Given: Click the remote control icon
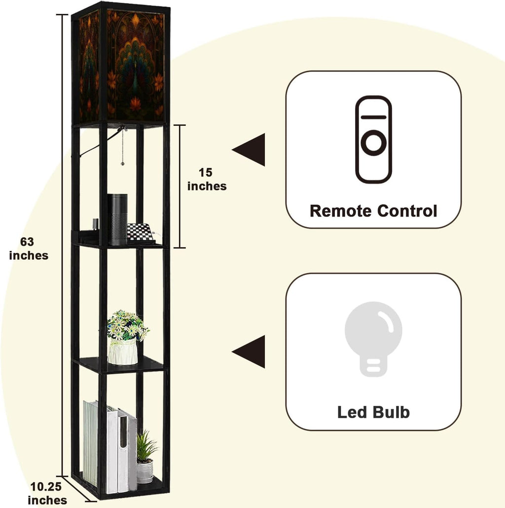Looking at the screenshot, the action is tap(373, 139).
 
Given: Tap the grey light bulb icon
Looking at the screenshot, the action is tap(373, 339).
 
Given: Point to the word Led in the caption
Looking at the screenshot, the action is tap(352, 412).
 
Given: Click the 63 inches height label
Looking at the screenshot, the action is tap(29, 248).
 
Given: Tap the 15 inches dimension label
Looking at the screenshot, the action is tap(207, 179).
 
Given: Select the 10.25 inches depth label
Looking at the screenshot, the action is tap(47, 493).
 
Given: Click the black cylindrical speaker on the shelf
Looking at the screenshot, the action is tap(117, 219).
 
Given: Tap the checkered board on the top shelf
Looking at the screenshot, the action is tap(141, 233).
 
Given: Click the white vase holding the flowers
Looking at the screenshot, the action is tap(123, 352).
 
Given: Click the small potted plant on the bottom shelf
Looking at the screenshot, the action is tap(145, 457).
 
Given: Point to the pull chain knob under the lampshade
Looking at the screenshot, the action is tap(122, 163).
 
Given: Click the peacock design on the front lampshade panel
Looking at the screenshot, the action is tap(135, 64).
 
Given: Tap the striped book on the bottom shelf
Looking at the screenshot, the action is tap(91, 443).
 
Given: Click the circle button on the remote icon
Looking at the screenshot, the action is tap(373, 142).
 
